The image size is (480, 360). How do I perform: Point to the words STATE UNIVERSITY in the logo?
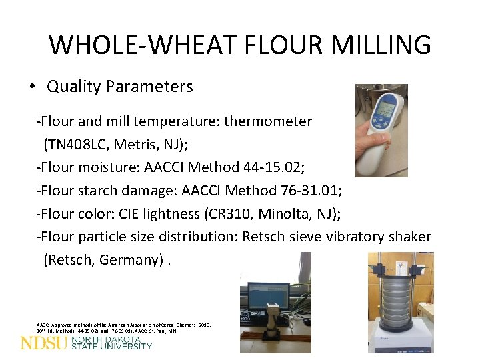tap(111, 347)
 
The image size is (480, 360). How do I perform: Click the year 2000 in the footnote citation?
tap(203, 325)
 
